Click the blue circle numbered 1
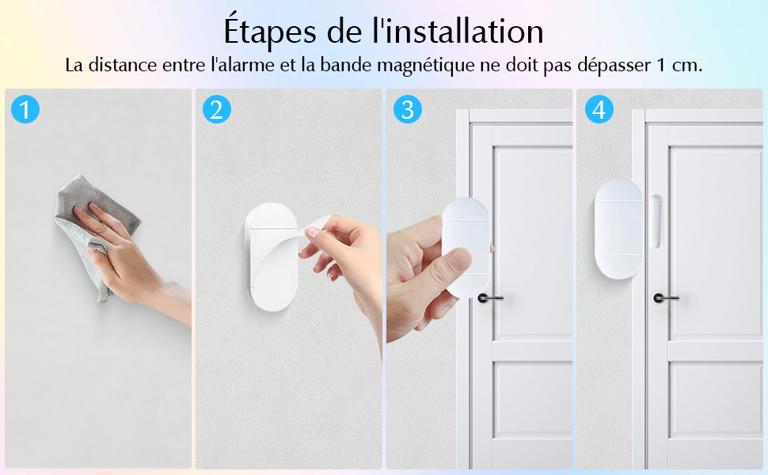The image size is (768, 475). [x=26, y=109]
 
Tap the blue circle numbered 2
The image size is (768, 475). [x=216, y=109]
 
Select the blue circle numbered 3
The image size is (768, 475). [x=407, y=109]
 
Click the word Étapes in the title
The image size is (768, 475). [x=269, y=32]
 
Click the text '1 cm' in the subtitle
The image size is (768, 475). [x=678, y=65]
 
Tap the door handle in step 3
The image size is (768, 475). [x=489, y=298]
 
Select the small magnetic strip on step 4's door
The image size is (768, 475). [x=655, y=218]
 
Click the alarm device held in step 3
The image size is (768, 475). [x=466, y=245]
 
